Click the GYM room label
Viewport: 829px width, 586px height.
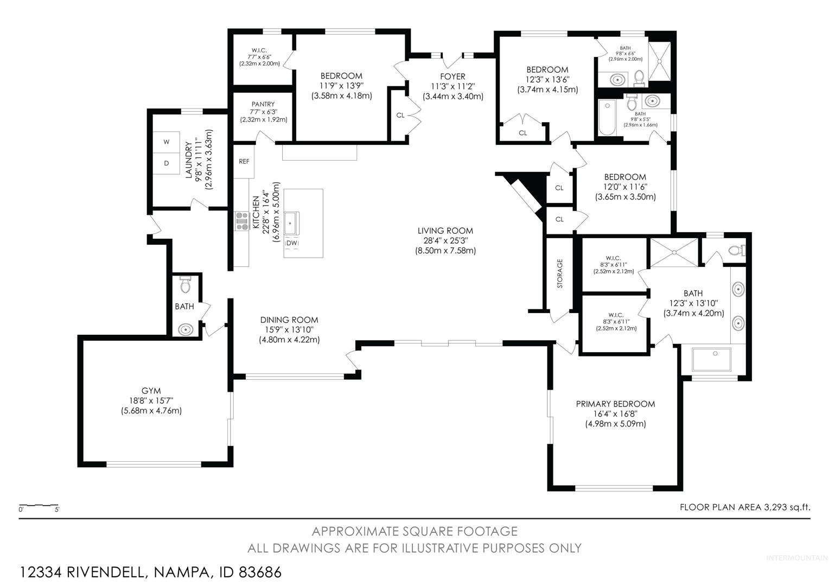click(151, 391)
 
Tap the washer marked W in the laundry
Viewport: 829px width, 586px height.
click(167, 142)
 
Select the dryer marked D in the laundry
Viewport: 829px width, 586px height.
click(167, 163)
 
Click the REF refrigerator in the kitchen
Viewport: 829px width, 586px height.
click(244, 161)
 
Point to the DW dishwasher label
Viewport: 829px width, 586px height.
click(292, 243)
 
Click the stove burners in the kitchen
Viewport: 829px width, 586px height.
click(243, 221)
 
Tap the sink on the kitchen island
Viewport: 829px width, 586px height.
click(292, 223)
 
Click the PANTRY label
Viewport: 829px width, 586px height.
click(263, 104)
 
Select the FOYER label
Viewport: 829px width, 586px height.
click(452, 77)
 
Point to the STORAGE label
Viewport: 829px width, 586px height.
click(559, 273)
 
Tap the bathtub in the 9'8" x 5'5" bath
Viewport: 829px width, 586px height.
click(607, 117)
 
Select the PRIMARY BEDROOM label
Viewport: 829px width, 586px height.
click(615, 404)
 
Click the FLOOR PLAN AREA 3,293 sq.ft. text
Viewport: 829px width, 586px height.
click(745, 507)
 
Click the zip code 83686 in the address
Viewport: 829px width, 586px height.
click(260, 572)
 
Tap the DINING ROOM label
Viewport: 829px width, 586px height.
click(289, 320)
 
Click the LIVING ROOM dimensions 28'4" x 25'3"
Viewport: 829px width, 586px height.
click(445, 240)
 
